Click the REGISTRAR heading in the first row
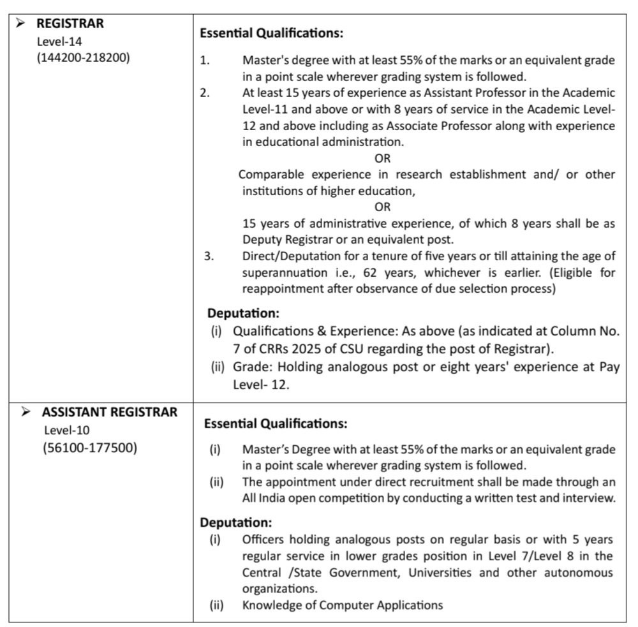tap(70, 24)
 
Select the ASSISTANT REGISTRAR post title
tap(110, 412)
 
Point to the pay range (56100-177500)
tap(90, 447)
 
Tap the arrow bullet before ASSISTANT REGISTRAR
tap(26, 412)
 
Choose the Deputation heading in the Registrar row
tap(243, 314)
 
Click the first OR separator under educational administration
tap(382, 158)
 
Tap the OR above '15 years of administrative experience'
tap(382, 207)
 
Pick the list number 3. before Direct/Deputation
tap(208, 257)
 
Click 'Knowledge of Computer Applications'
tap(342, 605)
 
